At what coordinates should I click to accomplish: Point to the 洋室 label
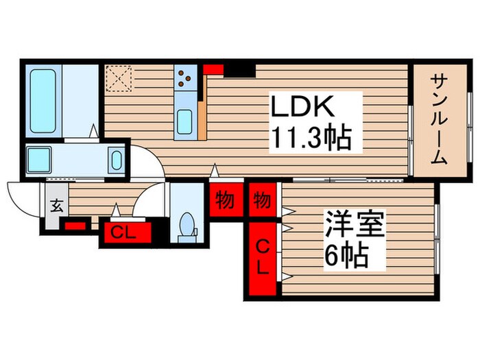[x=353, y=226]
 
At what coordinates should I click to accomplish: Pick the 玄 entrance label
[x=56, y=204]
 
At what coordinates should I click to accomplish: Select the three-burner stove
[x=184, y=81]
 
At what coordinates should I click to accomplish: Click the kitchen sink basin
[x=184, y=123]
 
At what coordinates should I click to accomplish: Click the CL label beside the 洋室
[x=263, y=256]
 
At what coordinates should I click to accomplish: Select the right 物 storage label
[x=261, y=201]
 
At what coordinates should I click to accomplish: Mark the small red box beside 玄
[x=75, y=225]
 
